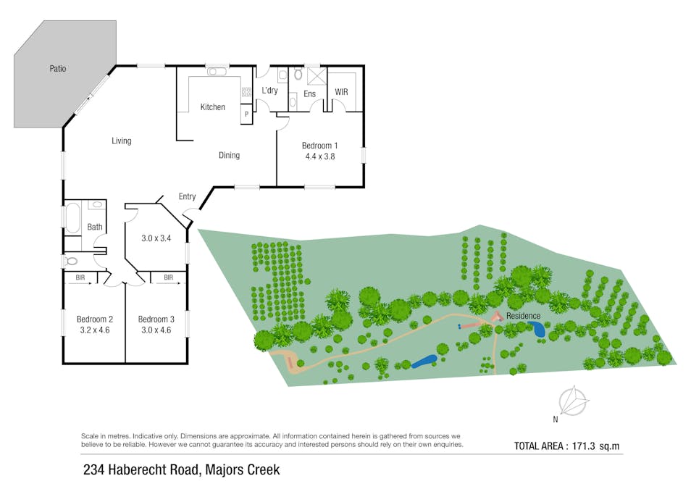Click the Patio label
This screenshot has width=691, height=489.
tap(58, 69)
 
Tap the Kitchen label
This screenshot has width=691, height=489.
tap(212, 107)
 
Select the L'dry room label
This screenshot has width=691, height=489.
tap(269, 91)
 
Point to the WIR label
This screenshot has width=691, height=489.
tap(341, 93)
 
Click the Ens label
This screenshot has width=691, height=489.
tap(309, 94)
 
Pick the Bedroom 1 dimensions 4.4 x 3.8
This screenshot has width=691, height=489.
tap(319, 155)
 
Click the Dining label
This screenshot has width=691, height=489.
tap(229, 155)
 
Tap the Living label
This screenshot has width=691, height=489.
tap(121, 141)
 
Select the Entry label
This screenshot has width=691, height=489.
tap(187, 196)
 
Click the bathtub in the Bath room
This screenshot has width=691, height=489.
tap(73, 217)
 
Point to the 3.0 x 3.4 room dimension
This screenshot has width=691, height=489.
tap(154, 236)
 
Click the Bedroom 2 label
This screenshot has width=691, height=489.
tap(95, 319)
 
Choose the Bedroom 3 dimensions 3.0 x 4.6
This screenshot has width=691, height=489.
tap(156, 330)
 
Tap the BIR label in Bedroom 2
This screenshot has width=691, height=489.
tap(80, 277)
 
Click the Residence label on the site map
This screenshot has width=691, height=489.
tap(523, 316)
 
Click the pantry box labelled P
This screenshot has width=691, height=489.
tap(246, 114)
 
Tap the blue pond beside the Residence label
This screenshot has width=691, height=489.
tap(539, 330)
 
